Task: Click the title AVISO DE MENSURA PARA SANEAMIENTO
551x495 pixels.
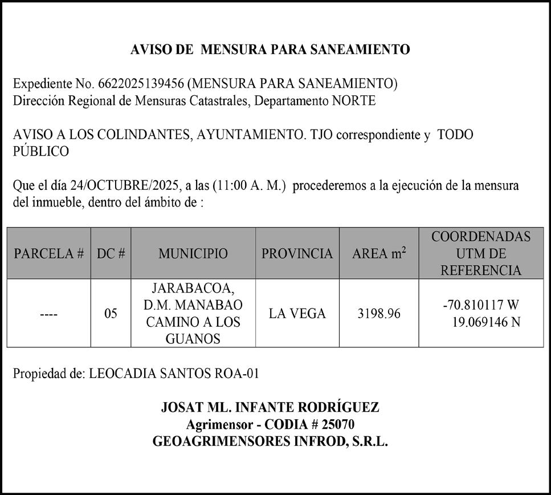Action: [x=270, y=50]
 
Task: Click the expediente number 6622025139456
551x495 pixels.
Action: [x=141, y=84]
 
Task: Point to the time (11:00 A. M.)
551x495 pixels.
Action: [x=249, y=186]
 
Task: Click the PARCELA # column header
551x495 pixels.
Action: [x=49, y=254]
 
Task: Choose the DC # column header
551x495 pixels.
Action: [x=111, y=254]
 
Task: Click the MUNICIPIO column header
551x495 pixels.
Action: [x=193, y=254]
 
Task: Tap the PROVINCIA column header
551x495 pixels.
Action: [x=297, y=254]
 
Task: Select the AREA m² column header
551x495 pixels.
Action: [x=379, y=254]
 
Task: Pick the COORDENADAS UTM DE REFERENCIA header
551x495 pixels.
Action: [x=481, y=253]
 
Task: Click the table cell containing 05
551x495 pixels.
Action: [x=111, y=314]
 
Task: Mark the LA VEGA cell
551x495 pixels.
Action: [x=297, y=314]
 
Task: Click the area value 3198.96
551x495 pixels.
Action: [x=379, y=314]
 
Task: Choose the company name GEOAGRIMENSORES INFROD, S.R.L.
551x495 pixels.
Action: [x=270, y=442]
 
